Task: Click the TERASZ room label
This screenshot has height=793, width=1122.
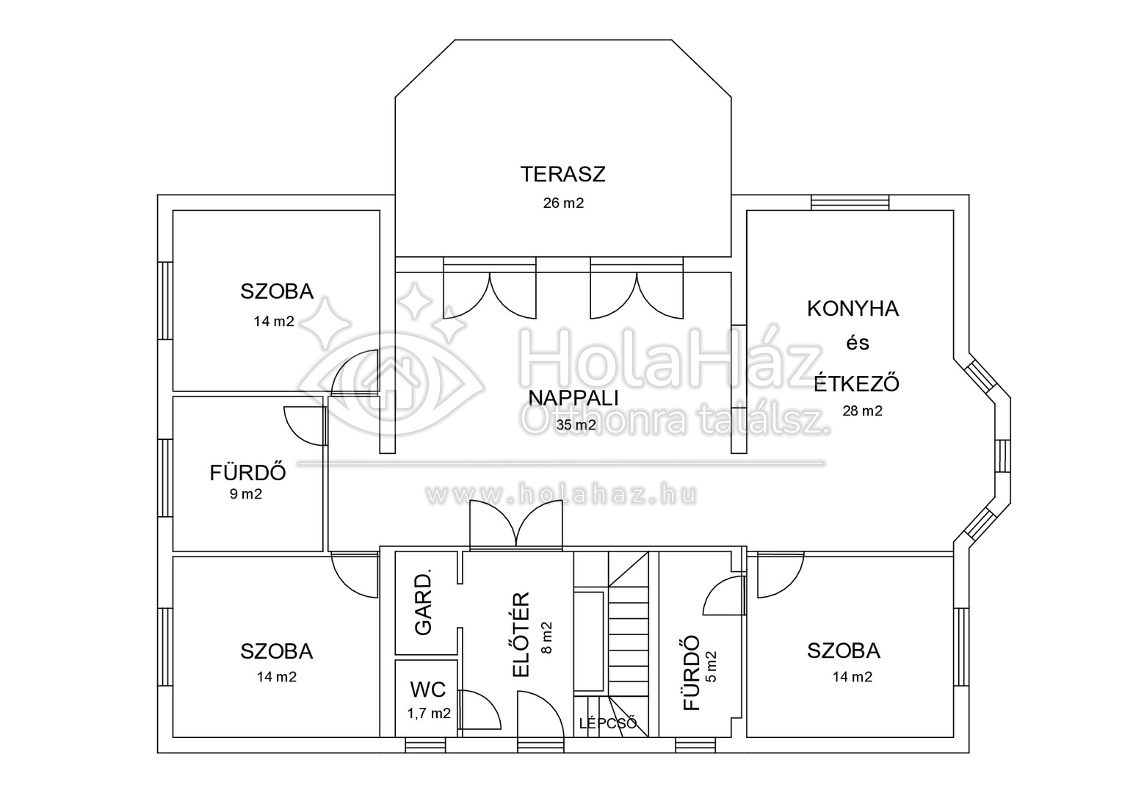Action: coord(563,174)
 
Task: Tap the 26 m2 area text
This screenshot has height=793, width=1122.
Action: coord(563,203)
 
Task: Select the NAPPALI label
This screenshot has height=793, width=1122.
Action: coord(573,398)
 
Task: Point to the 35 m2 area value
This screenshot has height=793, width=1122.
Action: coord(576,425)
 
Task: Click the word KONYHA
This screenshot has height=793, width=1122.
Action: coord(853,309)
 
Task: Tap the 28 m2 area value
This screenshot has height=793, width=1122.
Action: coord(863,410)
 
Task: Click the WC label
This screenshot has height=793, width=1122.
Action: coord(428,689)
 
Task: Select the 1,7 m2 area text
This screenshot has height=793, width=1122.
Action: coord(429,714)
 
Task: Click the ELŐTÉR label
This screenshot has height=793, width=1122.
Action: coord(521,634)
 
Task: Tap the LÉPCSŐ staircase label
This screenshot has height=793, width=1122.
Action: coord(607,723)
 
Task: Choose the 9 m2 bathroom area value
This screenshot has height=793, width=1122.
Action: coord(246,494)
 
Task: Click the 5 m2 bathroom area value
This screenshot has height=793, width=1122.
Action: coord(712,667)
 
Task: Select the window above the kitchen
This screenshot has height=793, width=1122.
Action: coord(850,203)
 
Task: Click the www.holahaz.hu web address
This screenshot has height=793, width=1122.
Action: coord(562,494)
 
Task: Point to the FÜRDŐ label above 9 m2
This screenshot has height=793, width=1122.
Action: coord(248,472)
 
